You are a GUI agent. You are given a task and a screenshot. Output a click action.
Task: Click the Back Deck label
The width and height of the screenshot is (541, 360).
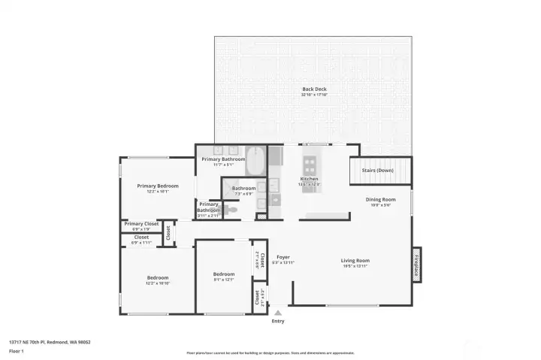tap(313, 89)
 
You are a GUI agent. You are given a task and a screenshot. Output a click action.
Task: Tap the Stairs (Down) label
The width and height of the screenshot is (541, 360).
tap(378, 171)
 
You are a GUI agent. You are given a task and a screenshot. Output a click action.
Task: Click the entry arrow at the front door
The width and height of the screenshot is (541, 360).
tap(278, 312)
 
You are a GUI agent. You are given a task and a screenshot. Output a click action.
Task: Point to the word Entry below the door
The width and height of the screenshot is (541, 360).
tap(278, 321)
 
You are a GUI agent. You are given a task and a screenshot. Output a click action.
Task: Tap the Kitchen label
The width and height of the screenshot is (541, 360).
tap(310, 179)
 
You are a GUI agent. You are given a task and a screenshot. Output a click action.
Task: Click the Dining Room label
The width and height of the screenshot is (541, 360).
tap(379, 199)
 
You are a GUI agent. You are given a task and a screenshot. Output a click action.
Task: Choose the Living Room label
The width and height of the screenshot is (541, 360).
tap(356, 261)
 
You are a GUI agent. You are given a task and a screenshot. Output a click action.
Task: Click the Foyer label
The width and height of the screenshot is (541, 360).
tap(283, 257)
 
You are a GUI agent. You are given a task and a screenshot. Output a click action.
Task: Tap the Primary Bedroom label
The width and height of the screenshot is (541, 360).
tap(157, 186)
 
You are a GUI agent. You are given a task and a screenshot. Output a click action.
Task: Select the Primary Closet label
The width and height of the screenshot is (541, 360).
tap(141, 223)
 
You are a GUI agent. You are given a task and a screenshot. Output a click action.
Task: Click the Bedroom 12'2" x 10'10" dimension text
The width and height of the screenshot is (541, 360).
tap(158, 283)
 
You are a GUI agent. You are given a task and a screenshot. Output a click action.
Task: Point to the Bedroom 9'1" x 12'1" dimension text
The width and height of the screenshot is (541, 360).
tap(224, 280)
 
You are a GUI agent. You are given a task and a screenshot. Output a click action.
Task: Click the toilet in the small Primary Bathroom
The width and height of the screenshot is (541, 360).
tap(232, 210)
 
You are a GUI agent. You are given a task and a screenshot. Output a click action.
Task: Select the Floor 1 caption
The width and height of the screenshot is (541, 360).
tap(16, 351)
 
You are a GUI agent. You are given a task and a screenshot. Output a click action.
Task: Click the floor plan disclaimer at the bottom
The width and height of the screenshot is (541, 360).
tap(270, 352)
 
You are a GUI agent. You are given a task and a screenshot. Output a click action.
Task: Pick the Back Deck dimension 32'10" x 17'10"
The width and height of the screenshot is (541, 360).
tap(313, 95)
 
